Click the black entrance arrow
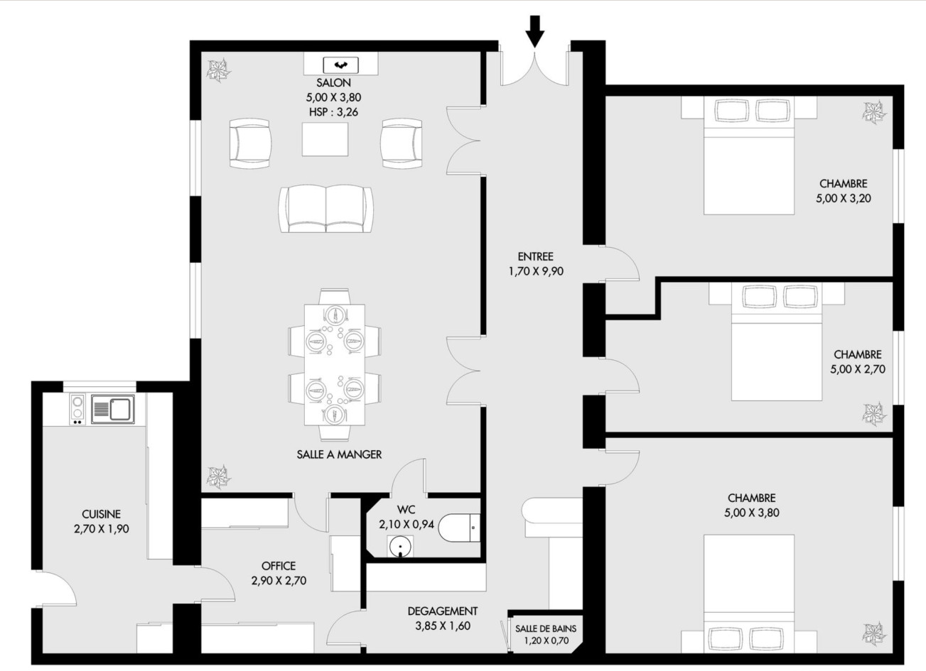535,32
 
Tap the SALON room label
333,82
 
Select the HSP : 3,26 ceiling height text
333,112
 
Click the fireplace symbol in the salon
340,65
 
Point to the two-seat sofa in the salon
325,209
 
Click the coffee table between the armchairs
325,139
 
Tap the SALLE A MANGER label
339,454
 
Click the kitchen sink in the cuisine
113,409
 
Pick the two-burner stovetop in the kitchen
77,409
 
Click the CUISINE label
102,514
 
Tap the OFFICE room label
279,566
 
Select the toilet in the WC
459,528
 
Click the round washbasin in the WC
400,546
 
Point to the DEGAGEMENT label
443,611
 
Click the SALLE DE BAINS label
546,628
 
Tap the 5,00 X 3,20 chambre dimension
844,198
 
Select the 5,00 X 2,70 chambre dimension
858,369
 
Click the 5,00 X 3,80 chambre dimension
752,513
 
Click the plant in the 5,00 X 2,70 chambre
874,413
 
